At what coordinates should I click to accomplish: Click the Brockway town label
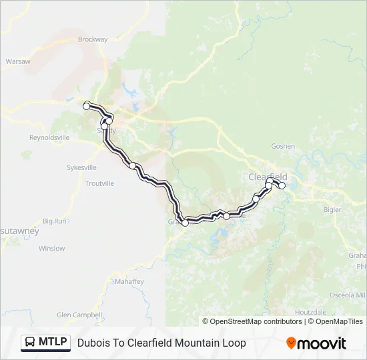point(93,39)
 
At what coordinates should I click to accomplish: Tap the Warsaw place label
point(18,61)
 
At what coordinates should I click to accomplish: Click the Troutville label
point(100,183)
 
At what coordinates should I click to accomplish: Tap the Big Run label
point(55,221)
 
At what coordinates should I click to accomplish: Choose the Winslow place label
point(51,249)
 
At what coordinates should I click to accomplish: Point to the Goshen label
point(283,146)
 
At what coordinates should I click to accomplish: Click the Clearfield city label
point(268,177)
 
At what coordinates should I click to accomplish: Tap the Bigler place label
point(332,209)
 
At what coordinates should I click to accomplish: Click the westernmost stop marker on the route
point(86,105)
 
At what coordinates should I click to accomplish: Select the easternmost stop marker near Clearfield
point(282,185)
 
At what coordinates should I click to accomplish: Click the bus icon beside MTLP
point(30,343)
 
